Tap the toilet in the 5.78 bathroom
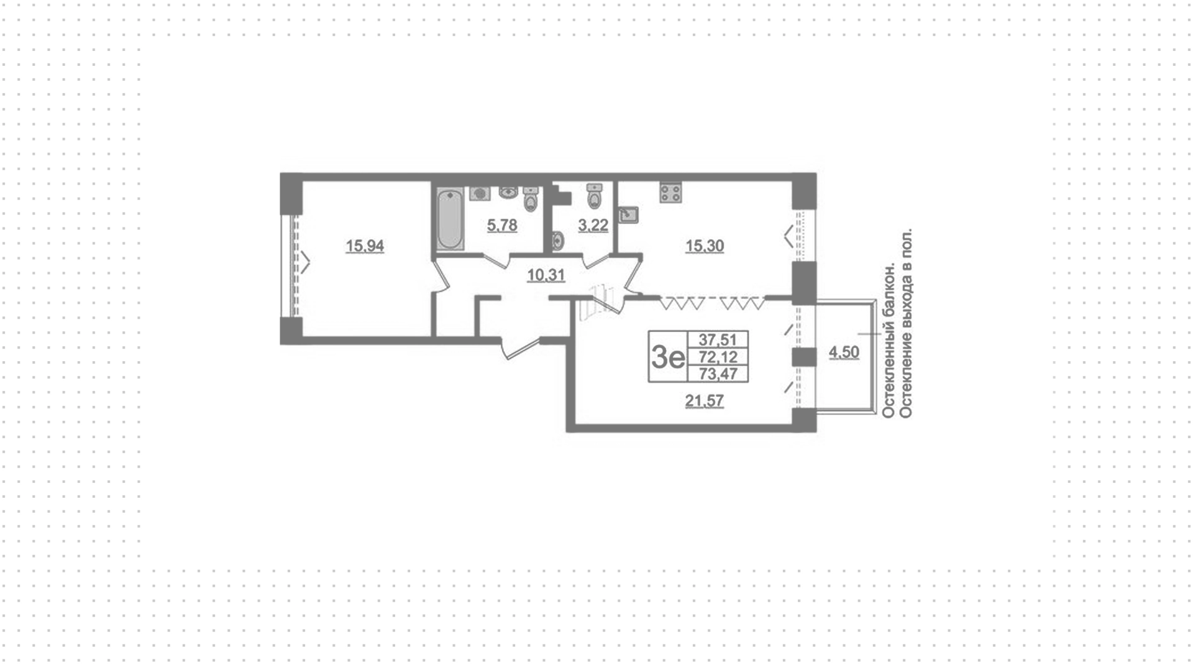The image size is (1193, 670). pos(531,199)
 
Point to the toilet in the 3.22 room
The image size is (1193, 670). pos(595,195)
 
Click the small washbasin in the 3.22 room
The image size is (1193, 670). pos(557,241)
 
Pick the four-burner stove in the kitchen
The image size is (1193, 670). pos(670,191)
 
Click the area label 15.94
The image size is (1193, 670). pos(365,246)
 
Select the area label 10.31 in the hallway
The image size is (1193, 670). pos(546,275)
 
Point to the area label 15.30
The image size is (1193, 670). pos(705,246)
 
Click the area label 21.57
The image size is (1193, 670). pos(705,401)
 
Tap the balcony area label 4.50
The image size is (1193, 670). pos(844,352)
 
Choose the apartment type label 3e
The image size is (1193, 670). pos(667,357)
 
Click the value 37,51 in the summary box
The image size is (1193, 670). pos(718,339)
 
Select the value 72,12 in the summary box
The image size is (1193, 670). pos(718,357)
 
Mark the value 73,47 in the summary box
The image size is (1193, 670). pos(718,374)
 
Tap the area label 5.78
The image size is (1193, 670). pos(502,225)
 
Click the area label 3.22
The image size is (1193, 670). pos(593,225)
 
